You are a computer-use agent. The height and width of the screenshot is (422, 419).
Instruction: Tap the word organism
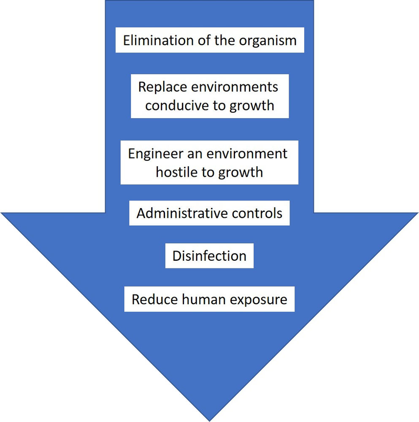click(268, 41)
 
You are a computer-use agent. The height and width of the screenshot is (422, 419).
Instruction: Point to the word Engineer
click(152, 153)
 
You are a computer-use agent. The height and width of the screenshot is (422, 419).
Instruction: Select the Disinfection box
click(209, 256)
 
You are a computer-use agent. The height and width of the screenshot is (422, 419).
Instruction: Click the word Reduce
click(155, 299)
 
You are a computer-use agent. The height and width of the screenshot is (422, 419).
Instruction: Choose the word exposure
click(258, 300)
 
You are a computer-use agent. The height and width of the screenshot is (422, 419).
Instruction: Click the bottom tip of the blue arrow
click(210, 420)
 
